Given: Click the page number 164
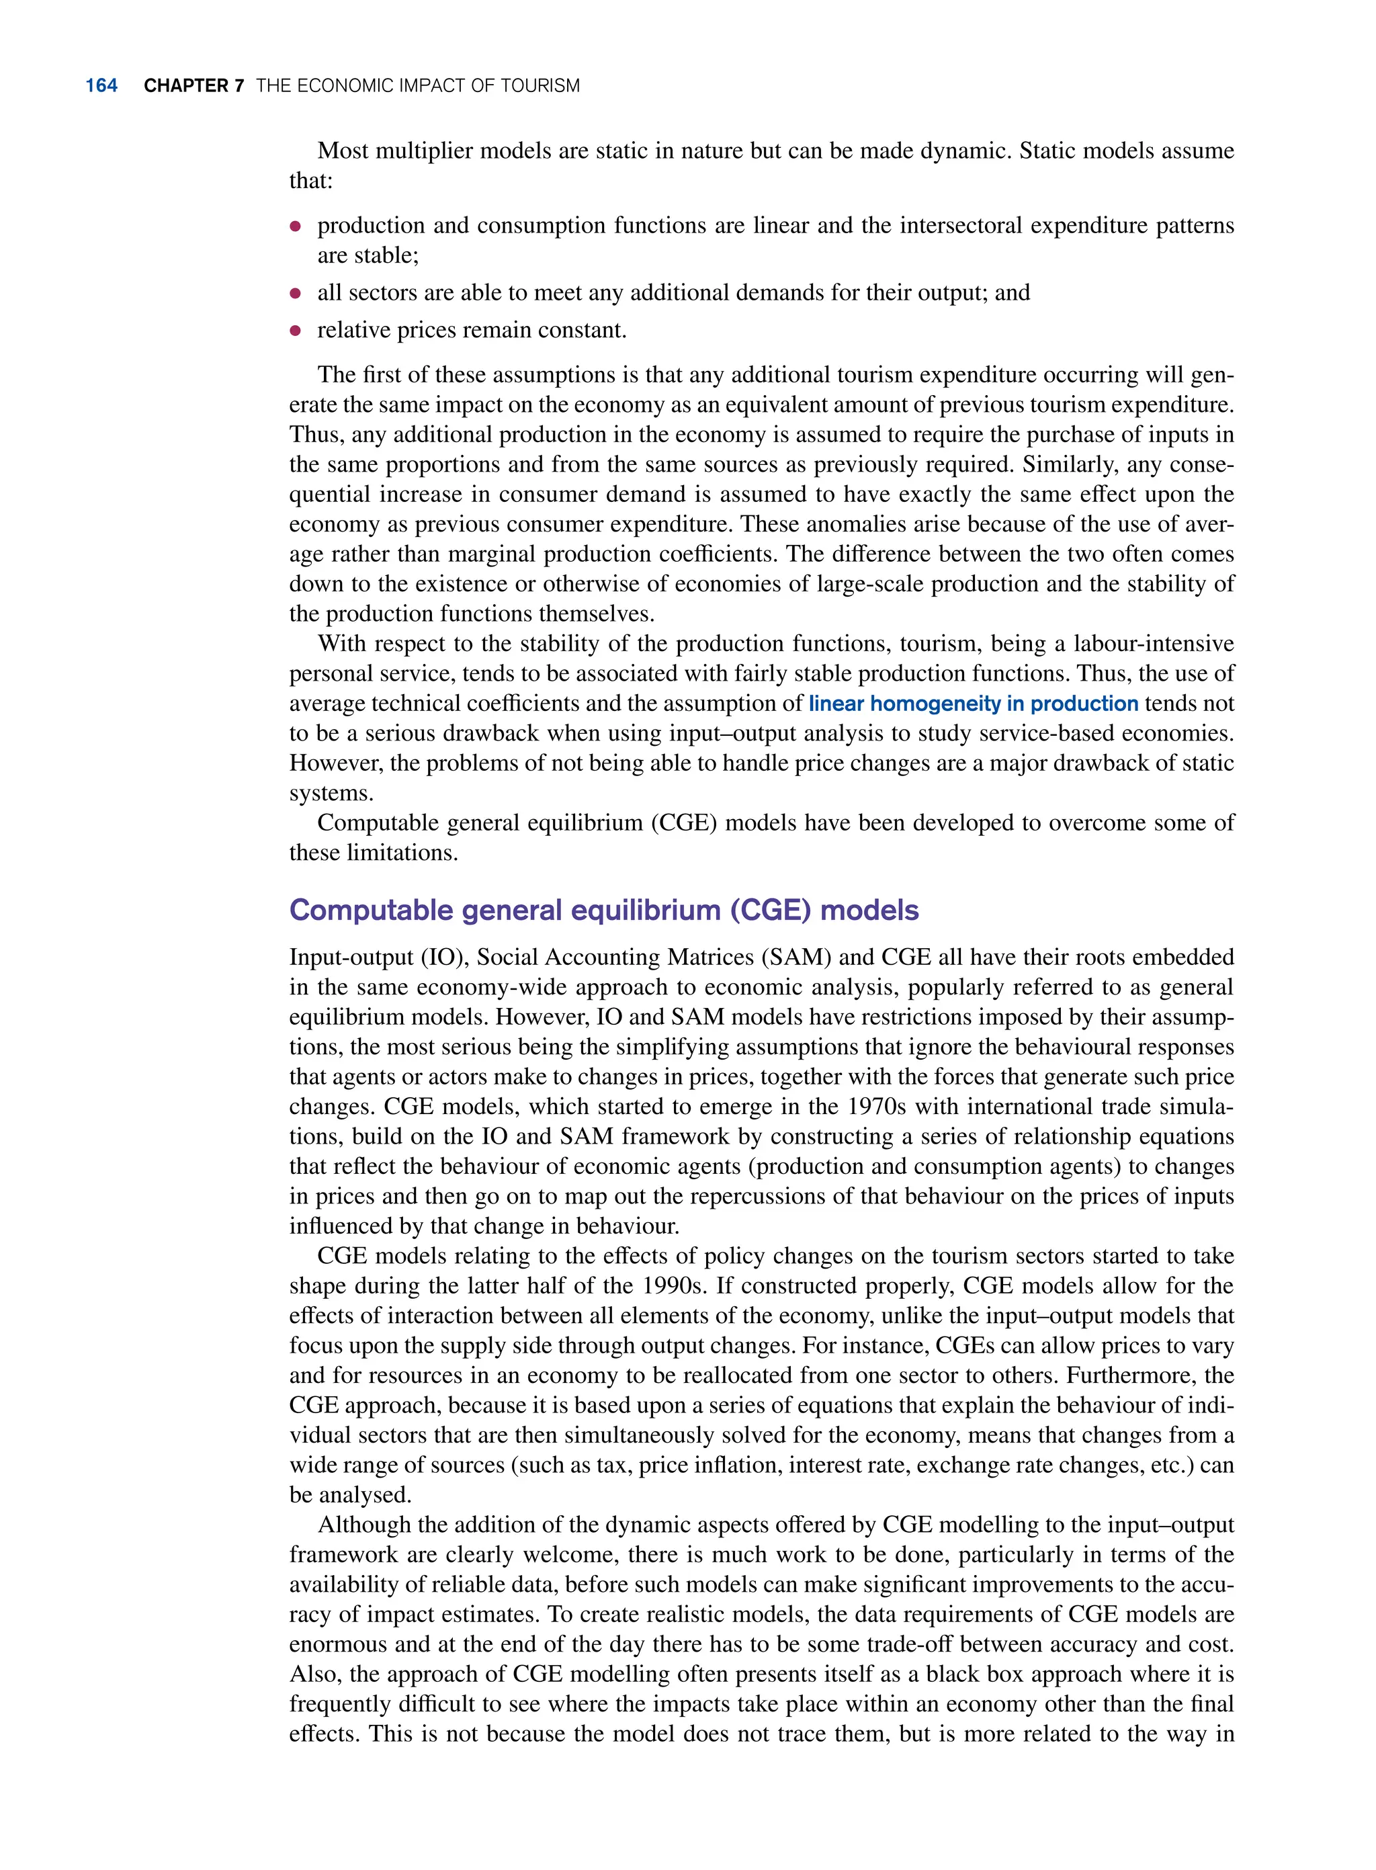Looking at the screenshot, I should click(101, 86).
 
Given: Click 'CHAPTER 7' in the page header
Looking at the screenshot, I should click(193, 86).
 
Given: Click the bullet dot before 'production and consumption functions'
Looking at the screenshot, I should click(295, 226).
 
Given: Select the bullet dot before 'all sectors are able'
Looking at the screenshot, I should click(295, 293).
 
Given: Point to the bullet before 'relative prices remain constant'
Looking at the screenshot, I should click(295, 331).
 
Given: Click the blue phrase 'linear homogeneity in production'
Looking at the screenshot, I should click(973, 704).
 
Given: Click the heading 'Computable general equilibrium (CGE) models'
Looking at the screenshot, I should click(604, 910).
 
